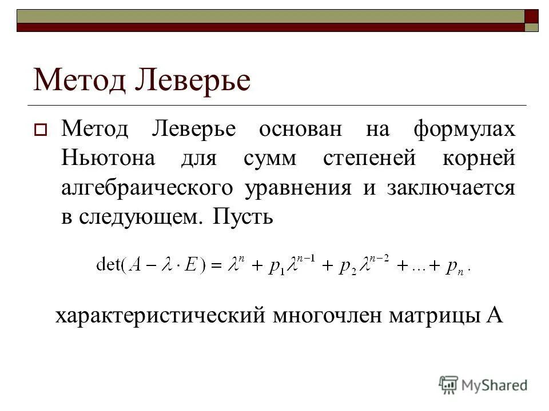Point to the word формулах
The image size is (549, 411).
(x=464, y=129)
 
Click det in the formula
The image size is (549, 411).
(x=108, y=265)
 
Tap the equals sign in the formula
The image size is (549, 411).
(x=217, y=265)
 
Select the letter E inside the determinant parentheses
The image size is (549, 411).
(x=189, y=265)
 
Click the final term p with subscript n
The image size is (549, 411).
(x=456, y=266)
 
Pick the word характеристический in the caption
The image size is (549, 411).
(x=160, y=315)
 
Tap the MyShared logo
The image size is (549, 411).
(x=483, y=385)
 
